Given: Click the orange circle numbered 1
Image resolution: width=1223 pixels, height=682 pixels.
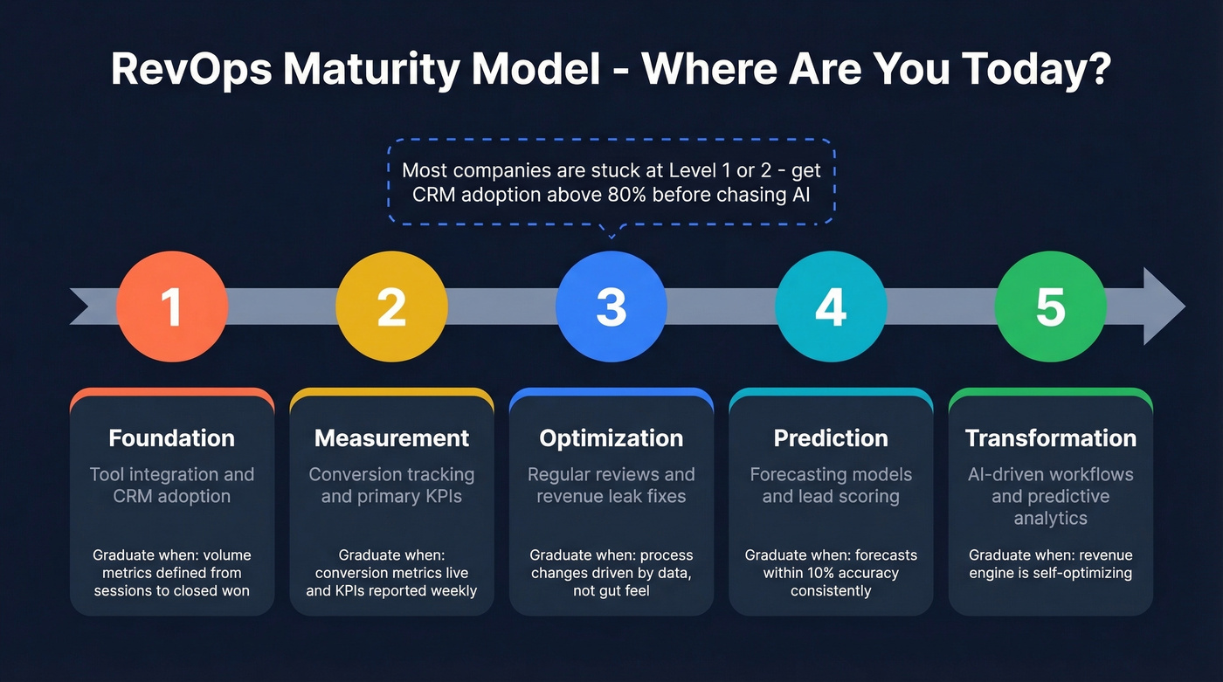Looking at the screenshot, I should [172, 307].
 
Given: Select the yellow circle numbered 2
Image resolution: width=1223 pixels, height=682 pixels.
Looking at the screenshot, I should [391, 307].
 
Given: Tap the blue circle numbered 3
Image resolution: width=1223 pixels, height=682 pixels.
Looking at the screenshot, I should [611, 307].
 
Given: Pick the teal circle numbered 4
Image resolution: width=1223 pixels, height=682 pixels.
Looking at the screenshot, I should [831, 307].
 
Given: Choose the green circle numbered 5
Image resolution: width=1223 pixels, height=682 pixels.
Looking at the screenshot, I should [1050, 307].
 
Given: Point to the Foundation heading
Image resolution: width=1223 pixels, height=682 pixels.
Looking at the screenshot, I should [172, 438].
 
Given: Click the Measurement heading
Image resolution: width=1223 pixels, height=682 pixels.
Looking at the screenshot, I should [391, 438].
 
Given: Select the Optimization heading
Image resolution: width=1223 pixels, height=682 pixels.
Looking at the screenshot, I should [611, 438].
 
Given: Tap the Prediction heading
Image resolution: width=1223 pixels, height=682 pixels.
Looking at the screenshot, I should [831, 438].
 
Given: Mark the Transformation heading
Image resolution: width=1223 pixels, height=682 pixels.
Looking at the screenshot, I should [1050, 438].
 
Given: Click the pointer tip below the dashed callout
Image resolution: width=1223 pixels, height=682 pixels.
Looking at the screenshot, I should [611, 236].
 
